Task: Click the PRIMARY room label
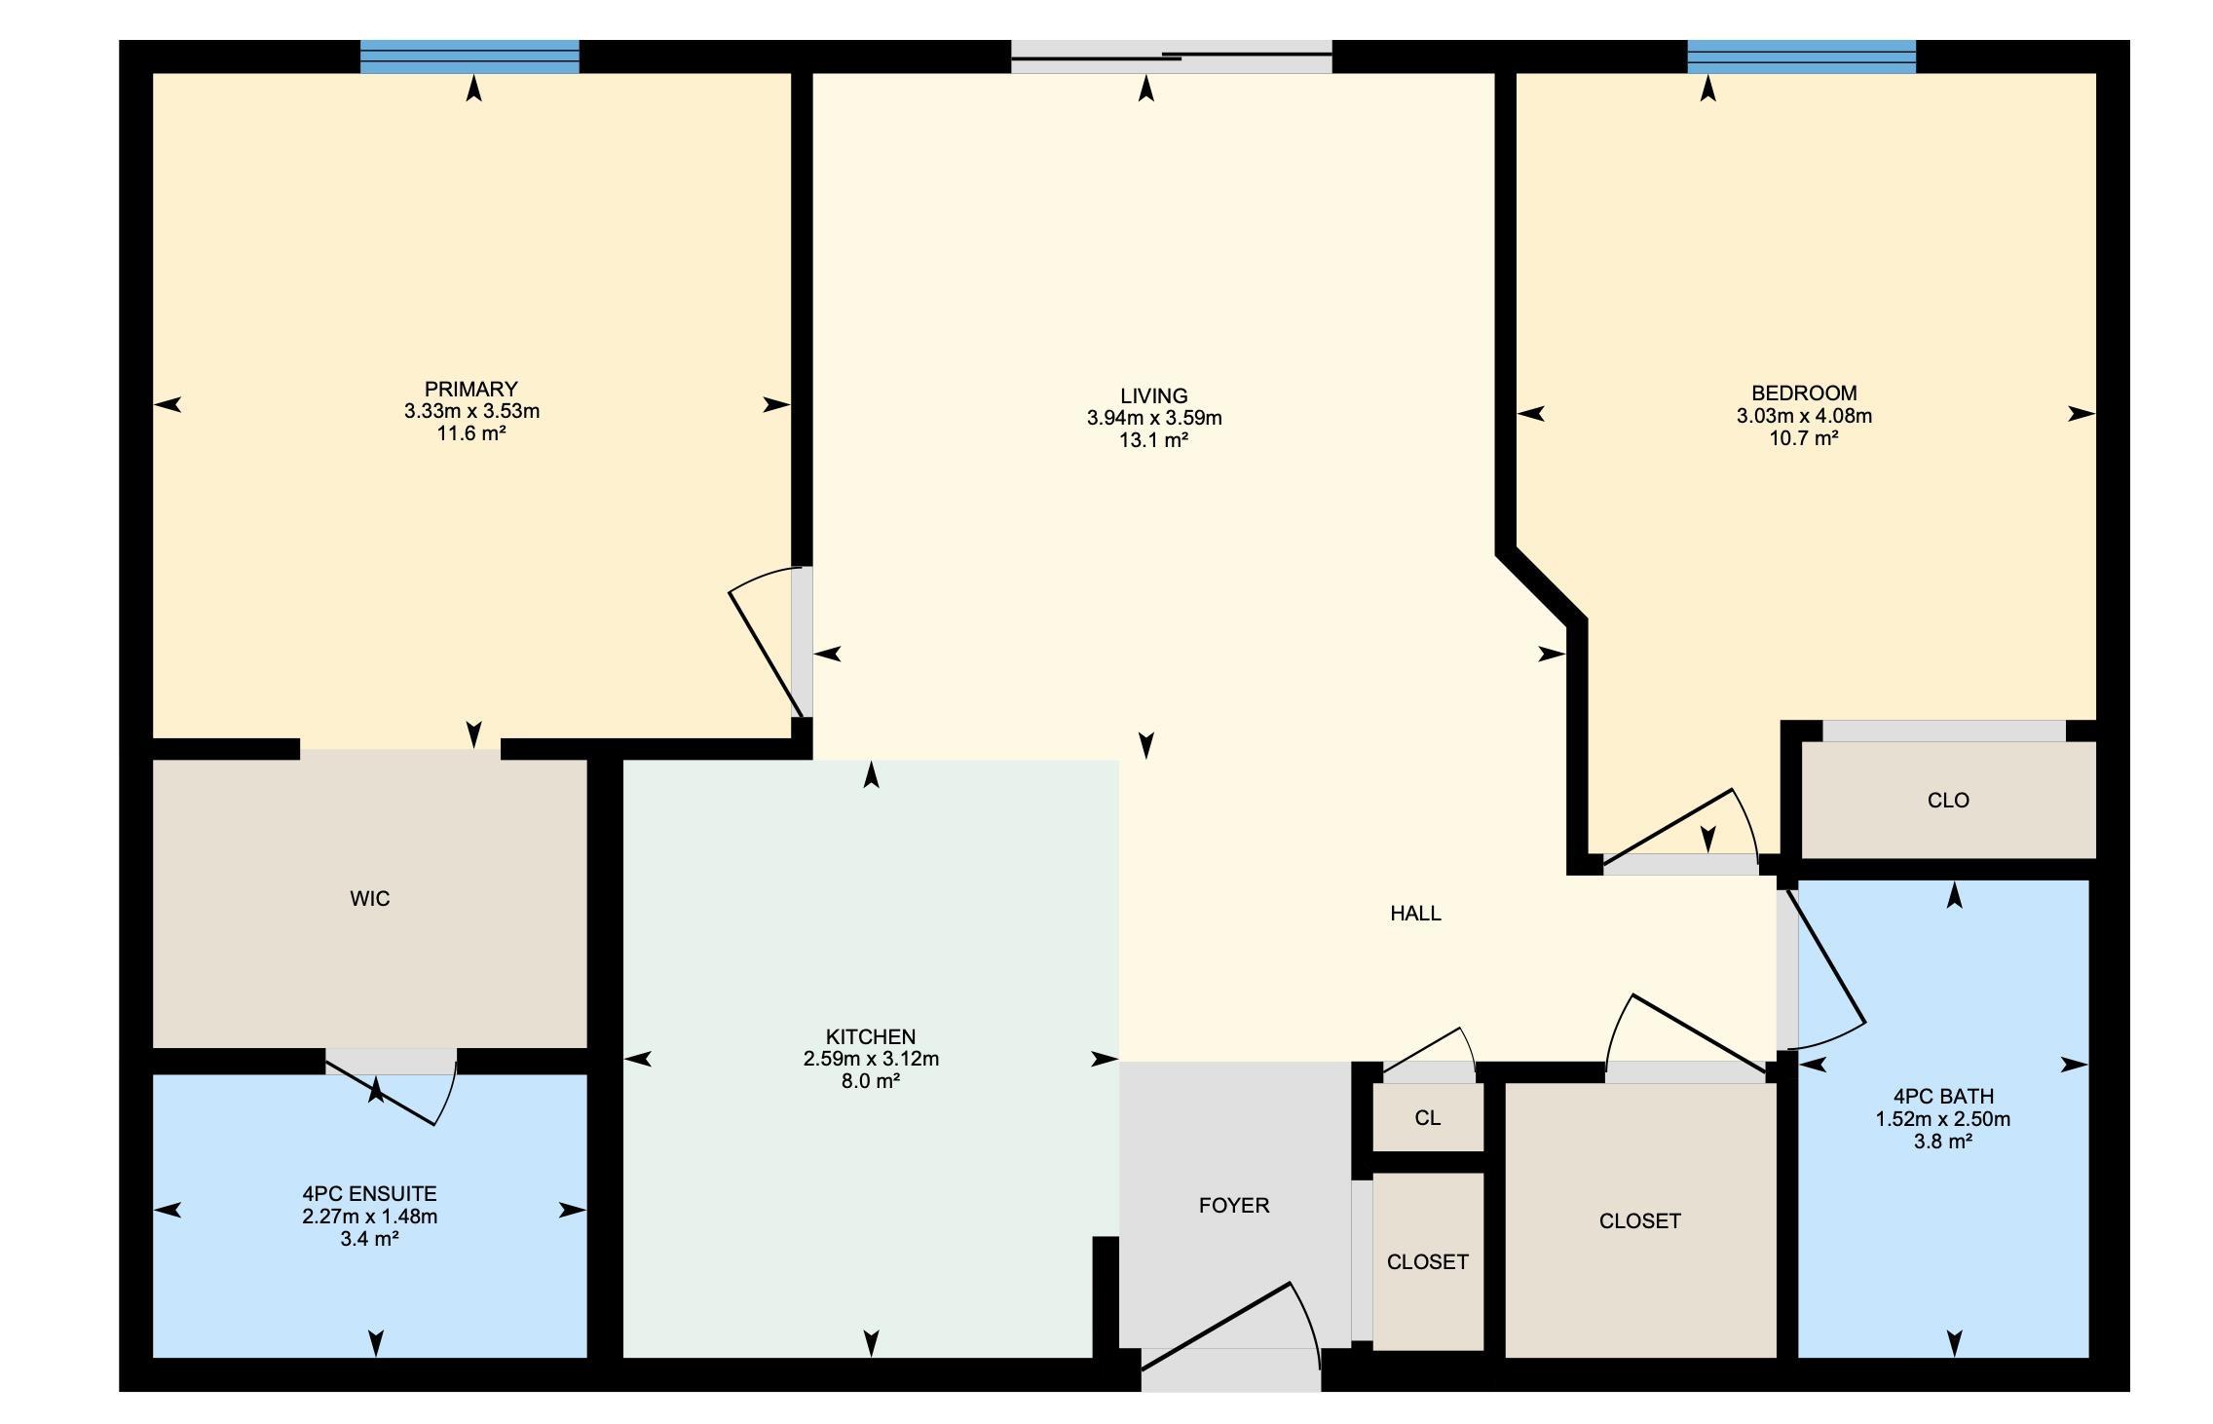471,389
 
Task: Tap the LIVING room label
1154,395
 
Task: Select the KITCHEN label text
871,1036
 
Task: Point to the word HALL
1415,913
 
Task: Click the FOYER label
1234,1205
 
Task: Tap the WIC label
370,898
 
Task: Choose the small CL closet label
1428,1117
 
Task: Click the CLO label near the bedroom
1948,800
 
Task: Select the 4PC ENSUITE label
370,1193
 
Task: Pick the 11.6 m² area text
471,433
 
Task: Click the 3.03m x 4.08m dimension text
1804,416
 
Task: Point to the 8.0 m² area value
871,1081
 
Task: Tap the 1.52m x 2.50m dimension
1943,1119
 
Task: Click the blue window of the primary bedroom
469,56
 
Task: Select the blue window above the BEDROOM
1802,56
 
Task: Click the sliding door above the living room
1171,56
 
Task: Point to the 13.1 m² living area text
1154,440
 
